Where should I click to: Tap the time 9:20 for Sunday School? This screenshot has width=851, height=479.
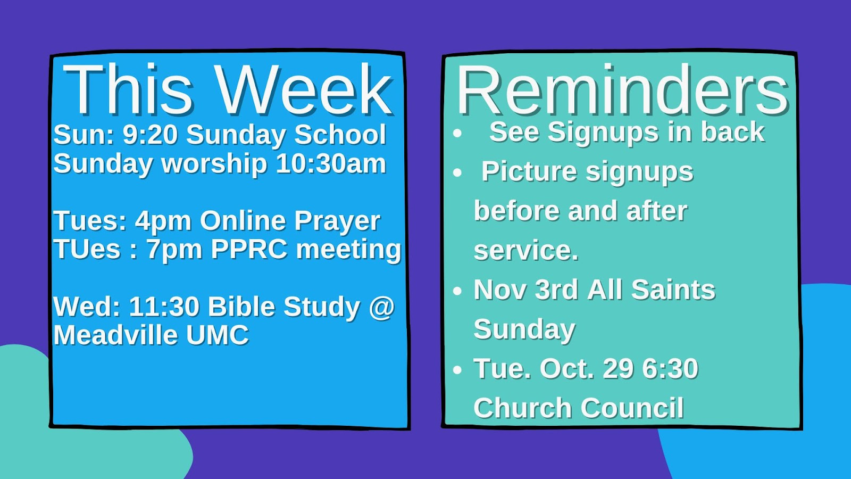(150, 135)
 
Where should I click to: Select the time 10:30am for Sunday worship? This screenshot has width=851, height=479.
(331, 163)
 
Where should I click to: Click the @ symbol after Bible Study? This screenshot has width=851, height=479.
(381, 307)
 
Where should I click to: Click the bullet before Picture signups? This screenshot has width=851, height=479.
(457, 173)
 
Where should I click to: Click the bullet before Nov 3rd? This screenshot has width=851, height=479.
(457, 291)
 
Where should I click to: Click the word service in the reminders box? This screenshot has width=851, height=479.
(525, 251)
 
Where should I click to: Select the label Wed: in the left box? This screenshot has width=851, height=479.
(87, 307)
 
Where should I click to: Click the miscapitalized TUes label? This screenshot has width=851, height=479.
(87, 249)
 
